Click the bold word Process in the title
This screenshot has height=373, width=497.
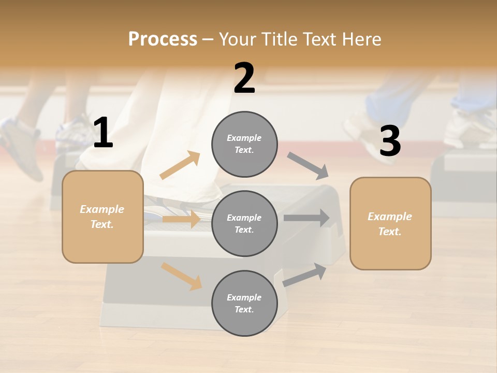pos(163,39)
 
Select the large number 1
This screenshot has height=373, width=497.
pos(103,133)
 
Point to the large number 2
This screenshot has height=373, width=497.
pos(244,79)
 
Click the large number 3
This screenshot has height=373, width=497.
pos(390,141)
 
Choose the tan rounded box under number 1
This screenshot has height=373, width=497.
pos(103,217)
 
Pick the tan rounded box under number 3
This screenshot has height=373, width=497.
pos(390,223)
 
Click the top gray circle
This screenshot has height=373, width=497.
pos(244,144)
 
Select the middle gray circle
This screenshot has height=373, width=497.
pos(244,223)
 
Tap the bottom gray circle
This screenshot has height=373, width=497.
pos(244,303)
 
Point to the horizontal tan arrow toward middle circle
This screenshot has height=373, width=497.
pos(181,219)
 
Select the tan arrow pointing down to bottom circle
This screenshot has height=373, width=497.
pos(181,276)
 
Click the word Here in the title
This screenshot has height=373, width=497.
pos(362,39)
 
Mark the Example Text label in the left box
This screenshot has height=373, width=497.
pos(102,217)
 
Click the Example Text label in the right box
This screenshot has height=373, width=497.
pos(390,224)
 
